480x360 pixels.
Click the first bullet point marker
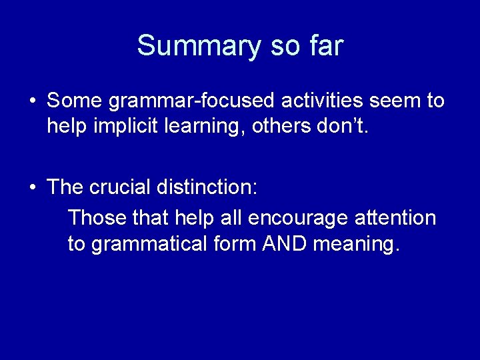pyautogui.click(x=33, y=101)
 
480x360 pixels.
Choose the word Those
pyautogui.click(x=98, y=217)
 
